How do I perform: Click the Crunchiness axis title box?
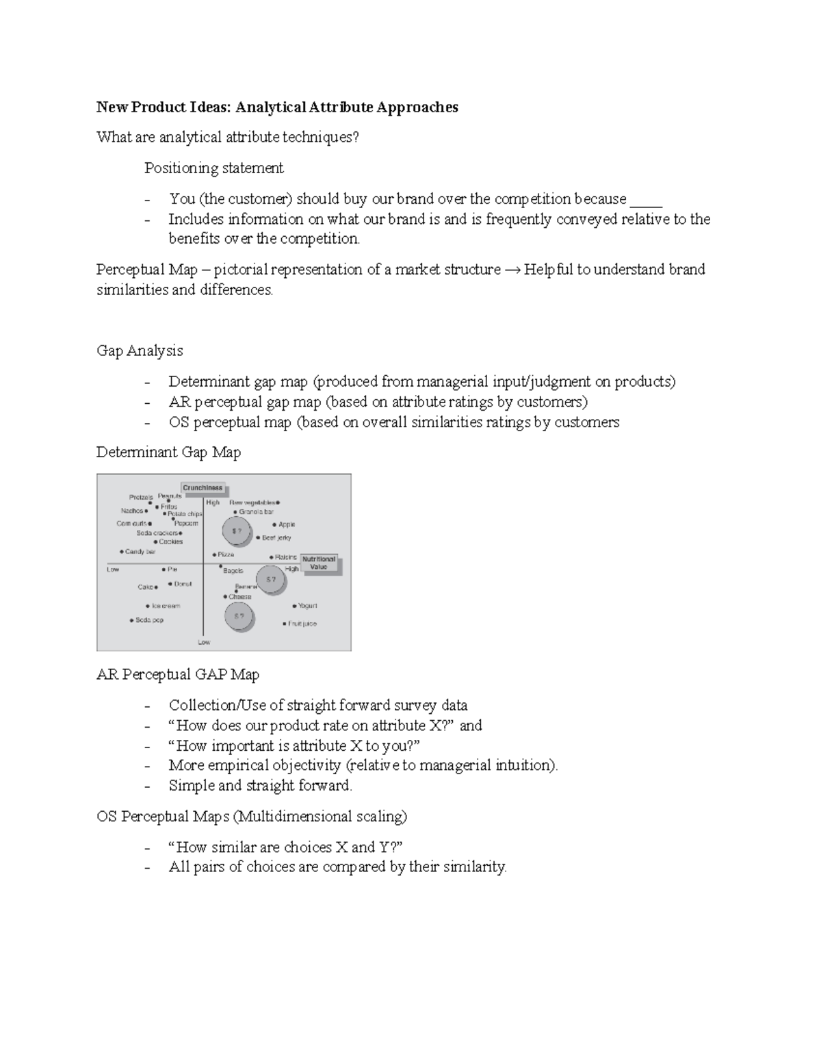point(203,488)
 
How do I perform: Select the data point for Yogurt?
point(295,606)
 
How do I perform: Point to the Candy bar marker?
point(122,551)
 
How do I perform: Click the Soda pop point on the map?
point(132,620)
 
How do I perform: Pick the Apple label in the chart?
point(287,524)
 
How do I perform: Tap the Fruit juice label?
point(302,624)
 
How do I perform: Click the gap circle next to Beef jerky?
point(237,530)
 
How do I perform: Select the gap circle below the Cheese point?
point(239,616)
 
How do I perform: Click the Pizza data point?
point(214,554)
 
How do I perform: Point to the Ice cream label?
point(166,606)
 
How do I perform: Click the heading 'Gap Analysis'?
point(140,350)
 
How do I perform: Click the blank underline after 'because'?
point(646,200)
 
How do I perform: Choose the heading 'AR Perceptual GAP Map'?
point(177,674)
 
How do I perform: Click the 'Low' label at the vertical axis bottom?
point(204,642)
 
